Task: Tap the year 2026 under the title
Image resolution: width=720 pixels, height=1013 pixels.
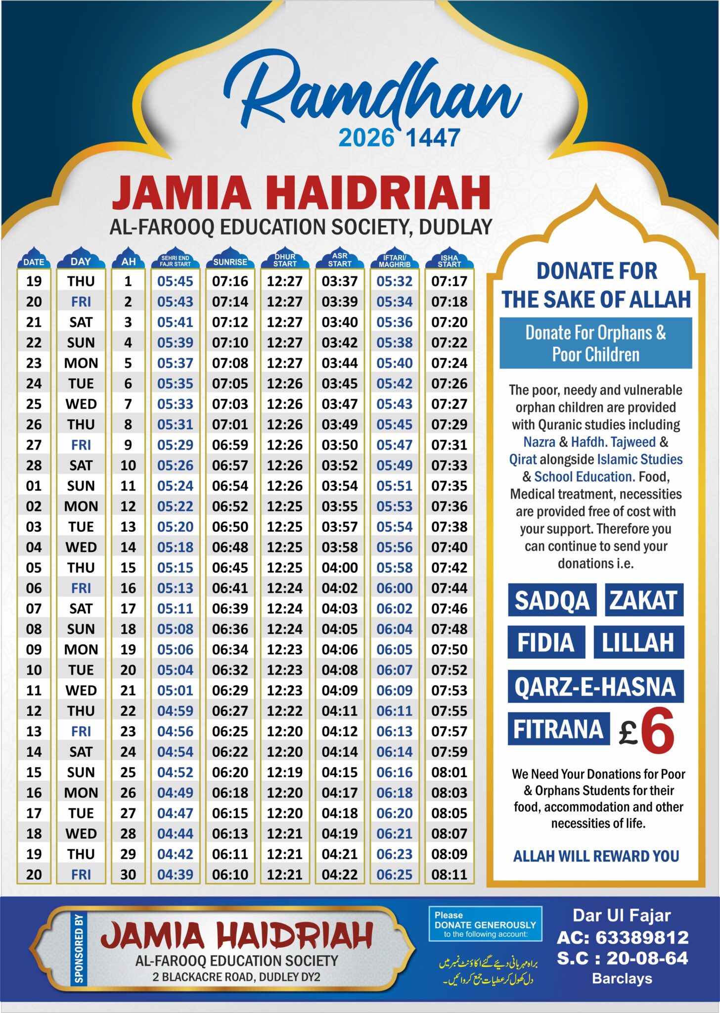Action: (x=366, y=138)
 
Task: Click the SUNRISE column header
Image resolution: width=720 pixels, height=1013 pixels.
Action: (x=230, y=262)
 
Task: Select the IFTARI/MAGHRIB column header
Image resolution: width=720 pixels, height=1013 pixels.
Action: (x=395, y=261)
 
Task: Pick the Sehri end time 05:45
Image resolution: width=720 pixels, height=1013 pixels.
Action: (x=175, y=281)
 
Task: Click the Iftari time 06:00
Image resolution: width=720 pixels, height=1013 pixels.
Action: (x=394, y=588)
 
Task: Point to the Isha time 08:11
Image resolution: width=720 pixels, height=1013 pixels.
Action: (x=449, y=875)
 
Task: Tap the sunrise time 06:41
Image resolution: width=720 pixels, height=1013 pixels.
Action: (x=230, y=588)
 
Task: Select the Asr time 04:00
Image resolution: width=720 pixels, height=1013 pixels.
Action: (x=340, y=568)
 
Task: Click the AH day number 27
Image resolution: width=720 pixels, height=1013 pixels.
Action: (x=128, y=813)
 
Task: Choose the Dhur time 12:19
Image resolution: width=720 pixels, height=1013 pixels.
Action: (x=285, y=772)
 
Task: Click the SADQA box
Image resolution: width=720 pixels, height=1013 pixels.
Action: (x=552, y=600)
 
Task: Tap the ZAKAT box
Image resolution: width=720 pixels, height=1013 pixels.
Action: (x=643, y=600)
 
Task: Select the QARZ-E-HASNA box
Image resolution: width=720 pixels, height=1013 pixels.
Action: (x=595, y=687)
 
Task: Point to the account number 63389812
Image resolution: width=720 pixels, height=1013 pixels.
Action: (x=641, y=937)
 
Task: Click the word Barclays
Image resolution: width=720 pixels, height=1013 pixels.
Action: (x=622, y=979)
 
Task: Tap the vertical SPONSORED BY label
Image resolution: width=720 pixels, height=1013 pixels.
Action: (x=79, y=949)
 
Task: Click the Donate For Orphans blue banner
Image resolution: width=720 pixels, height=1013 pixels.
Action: (x=595, y=343)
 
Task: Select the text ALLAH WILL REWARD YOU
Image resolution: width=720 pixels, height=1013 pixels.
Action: (x=596, y=856)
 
